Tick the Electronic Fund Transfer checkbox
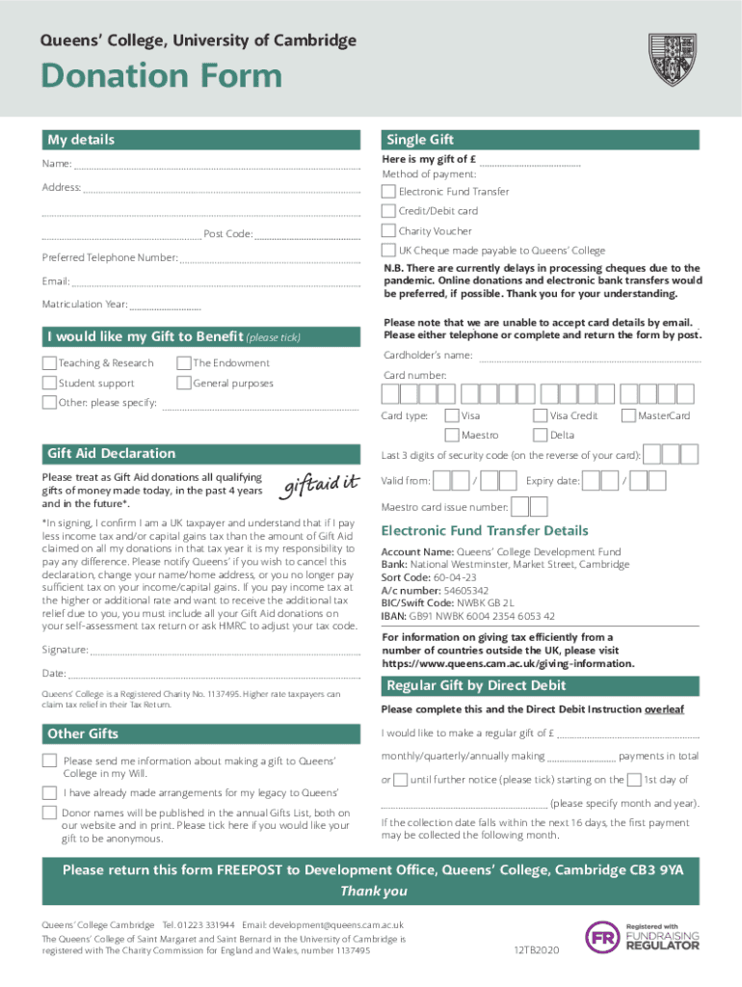coord(388,191)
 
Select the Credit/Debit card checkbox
coord(388,211)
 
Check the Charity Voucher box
coord(388,231)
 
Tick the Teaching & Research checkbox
coord(49,363)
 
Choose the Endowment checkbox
coord(183,363)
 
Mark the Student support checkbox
coord(49,384)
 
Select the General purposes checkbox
coord(183,384)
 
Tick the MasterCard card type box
coord(629,415)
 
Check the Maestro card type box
coord(451,435)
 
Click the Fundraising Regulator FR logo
coord(603,937)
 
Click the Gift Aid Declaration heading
coord(112,453)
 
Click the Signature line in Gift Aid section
coord(222,652)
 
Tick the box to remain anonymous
coord(49,814)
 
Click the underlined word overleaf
coord(664,709)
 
